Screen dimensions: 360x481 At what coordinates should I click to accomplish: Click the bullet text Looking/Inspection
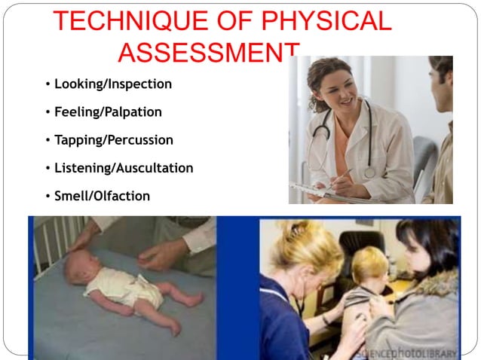coord(113,84)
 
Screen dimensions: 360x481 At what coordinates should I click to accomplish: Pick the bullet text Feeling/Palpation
coord(108,111)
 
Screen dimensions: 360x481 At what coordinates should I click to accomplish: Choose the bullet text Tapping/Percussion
coord(113,139)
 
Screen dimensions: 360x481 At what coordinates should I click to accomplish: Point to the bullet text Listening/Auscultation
coord(124,168)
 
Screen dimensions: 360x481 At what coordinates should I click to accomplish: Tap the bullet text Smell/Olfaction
coord(102,196)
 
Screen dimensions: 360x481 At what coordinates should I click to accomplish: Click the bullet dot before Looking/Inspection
coord(47,84)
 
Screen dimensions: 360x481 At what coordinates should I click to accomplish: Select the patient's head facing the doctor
coord(442,75)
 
